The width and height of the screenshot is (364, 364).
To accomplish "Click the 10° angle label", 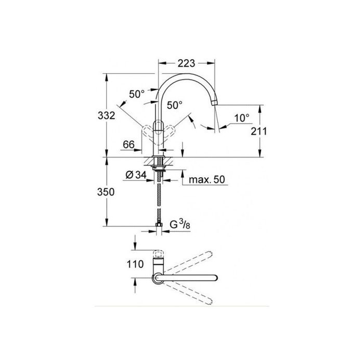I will pos(241,118).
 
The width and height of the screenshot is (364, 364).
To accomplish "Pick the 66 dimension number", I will pos(128,144).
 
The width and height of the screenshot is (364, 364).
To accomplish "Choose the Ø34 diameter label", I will pos(135,175).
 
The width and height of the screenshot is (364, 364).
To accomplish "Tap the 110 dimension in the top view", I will pos(135,264).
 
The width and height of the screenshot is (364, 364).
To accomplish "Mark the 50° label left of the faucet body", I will pos(137,94).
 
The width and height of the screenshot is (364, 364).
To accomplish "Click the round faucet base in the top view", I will pos(157,279).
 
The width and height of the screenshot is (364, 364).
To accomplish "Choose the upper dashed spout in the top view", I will pos(190,261).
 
